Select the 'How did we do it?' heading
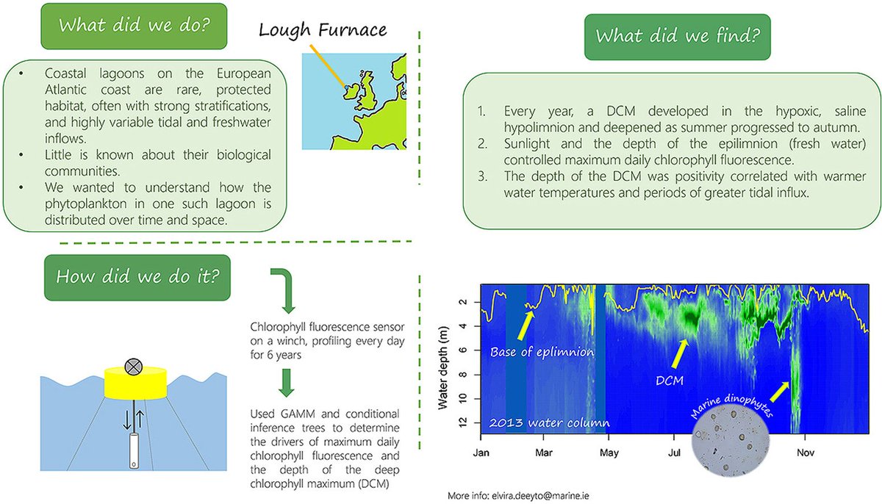tap(136, 277)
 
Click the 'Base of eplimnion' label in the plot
tap(542, 351)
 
